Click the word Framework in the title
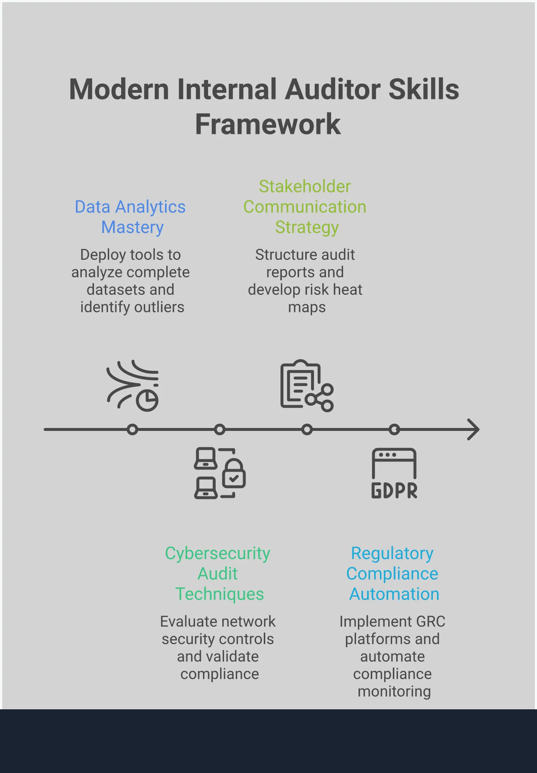268,124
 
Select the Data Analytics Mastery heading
130,217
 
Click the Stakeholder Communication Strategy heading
305,207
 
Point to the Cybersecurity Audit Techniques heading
218,574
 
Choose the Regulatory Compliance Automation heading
393,574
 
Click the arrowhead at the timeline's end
473,430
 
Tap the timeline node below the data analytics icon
132,430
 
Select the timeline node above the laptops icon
220,430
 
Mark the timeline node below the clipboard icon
307,430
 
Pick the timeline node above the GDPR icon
394,430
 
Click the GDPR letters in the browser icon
394,491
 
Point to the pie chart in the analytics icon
147,400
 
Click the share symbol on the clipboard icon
320,398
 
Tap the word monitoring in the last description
394,691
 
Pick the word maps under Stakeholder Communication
307,308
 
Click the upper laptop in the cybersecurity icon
206,459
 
